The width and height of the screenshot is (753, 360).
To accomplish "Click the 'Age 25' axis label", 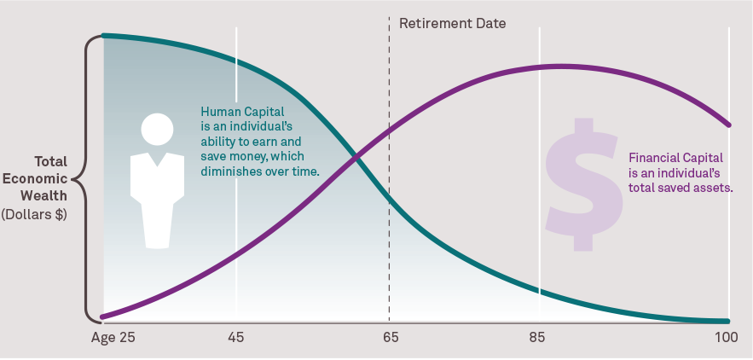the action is point(113,338).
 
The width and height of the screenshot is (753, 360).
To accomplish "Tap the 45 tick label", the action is point(236,338).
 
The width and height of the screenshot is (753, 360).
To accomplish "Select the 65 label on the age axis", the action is point(391,338).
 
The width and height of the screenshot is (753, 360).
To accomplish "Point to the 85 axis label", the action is point(537,338).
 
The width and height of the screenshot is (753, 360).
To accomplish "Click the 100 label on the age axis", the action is point(727,338).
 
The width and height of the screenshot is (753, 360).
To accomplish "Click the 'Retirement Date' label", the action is point(452,23).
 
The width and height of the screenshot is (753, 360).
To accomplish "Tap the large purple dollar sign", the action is point(583,184).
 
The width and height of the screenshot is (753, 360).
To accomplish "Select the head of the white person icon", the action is point(157,130).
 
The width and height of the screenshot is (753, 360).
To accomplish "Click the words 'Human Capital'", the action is point(242,112).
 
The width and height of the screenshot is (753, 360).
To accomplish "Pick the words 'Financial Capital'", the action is point(675,158).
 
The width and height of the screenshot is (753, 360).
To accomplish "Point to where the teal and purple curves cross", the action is point(356,157).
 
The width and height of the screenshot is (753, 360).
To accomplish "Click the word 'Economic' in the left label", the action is point(35,179).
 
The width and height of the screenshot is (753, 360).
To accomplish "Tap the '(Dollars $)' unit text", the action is point(34,214).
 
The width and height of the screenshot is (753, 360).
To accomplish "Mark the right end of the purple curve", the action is point(728,125).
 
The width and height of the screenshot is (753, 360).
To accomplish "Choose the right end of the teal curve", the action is point(727,321).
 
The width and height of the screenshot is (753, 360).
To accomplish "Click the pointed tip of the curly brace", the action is point(72,180).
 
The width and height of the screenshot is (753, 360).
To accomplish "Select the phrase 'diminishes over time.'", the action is point(260,171).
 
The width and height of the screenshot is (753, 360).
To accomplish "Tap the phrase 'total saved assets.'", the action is point(681,188).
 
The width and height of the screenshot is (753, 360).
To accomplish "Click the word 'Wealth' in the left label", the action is point(49,196).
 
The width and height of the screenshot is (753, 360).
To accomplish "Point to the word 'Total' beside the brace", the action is point(51,161).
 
